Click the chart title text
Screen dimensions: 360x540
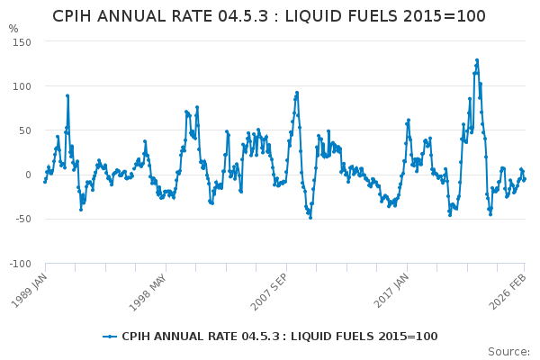coord(269,16)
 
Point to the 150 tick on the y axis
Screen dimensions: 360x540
coord(21,42)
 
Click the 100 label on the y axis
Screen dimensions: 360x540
coord(21,86)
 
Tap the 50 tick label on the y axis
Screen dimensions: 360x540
coord(23,130)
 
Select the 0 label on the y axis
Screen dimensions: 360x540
coord(27,175)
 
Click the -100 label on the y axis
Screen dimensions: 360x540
coord(19,263)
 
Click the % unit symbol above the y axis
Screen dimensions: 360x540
coord(13,29)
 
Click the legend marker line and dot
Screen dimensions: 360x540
coord(109,337)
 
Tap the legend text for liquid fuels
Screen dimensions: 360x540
coord(279,337)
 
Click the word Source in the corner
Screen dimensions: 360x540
coord(508,351)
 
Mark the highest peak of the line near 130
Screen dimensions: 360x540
coord(476,60)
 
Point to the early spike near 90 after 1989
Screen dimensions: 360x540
coord(67,95)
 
